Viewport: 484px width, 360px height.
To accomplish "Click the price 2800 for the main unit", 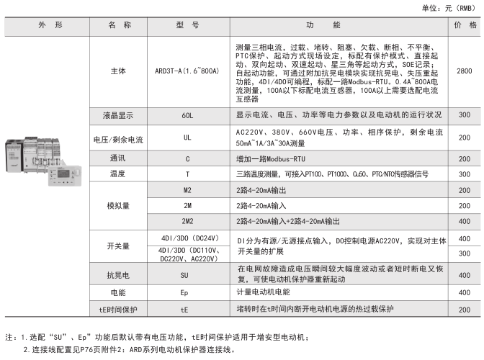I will pos(465,71).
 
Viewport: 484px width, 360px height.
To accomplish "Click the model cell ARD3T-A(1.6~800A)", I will pos(187,71).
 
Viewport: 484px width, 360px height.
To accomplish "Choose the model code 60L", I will pos(187,115).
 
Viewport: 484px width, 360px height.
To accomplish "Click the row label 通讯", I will pos(118,156).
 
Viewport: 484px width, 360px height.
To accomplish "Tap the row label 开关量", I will pos(118,246).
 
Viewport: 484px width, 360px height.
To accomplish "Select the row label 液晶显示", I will pos(118,115).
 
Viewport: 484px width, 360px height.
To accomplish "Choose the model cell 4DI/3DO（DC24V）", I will pos(187,238).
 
